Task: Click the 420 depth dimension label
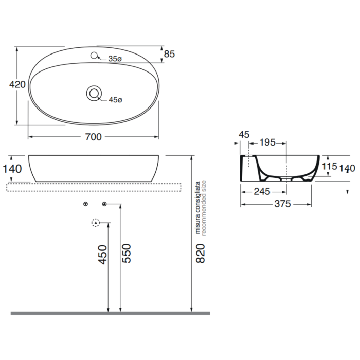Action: click(17, 85)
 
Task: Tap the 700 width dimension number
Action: click(93, 137)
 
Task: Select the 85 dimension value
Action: click(169, 54)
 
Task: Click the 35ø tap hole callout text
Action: click(115, 59)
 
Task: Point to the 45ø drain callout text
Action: click(116, 100)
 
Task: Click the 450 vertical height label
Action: click(103, 255)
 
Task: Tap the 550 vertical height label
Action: click(127, 254)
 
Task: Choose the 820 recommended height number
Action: click(201, 254)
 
